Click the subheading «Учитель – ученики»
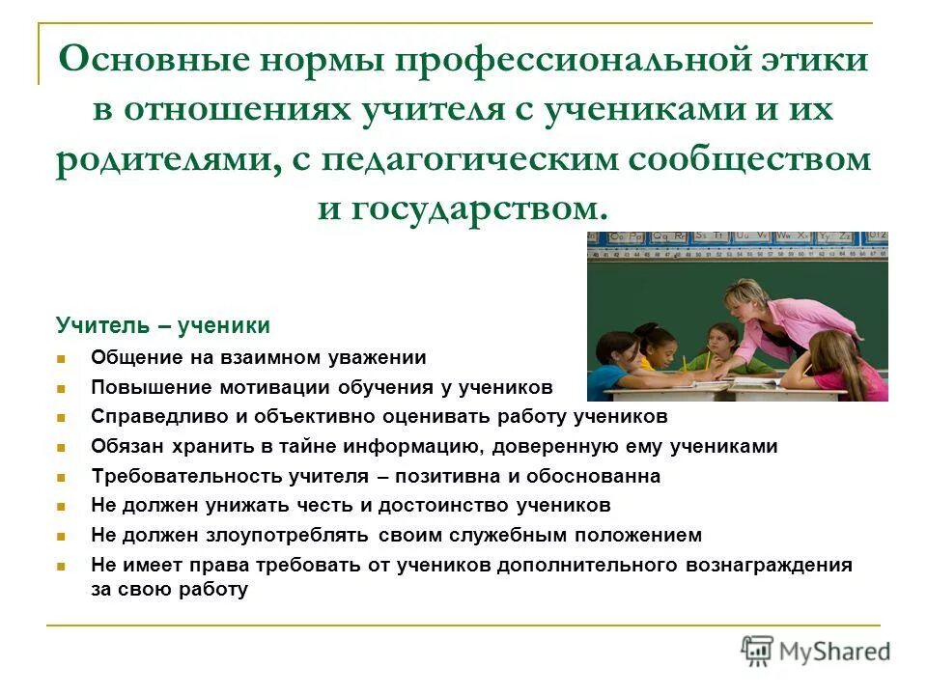tap(162, 326)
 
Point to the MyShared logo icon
tap(758, 652)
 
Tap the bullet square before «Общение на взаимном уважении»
tap(61, 358)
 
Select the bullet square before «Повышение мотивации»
tap(61, 388)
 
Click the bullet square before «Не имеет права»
tap(61, 566)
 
